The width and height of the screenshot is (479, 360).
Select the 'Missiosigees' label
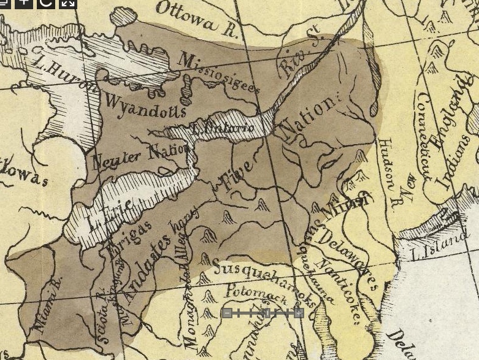pyautogui.click(x=218, y=72)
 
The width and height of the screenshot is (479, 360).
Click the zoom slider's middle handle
pyautogui.click(x=267, y=313)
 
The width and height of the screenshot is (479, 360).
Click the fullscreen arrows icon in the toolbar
pyautogui.click(x=68, y=2)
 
